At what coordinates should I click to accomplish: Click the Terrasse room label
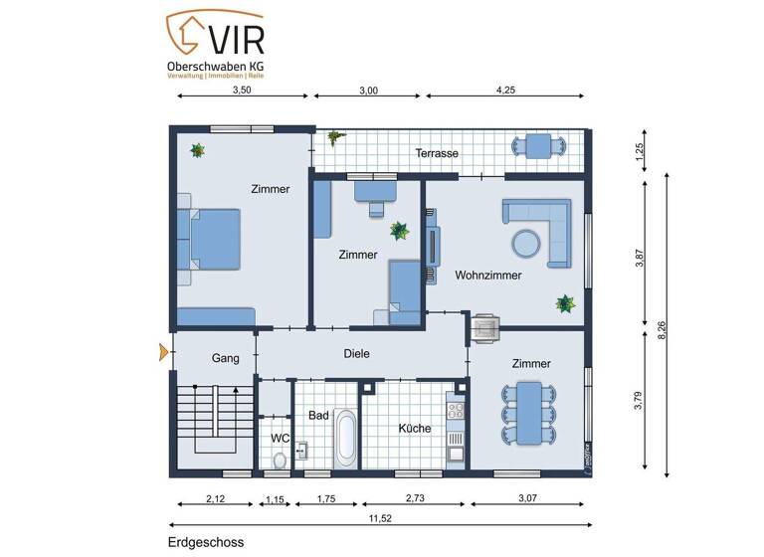click(437, 154)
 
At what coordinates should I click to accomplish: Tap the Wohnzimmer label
click(488, 276)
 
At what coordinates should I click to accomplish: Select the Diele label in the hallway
click(357, 352)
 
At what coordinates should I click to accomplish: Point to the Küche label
click(415, 428)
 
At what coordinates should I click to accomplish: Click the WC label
click(280, 437)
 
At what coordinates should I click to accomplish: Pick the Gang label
click(224, 358)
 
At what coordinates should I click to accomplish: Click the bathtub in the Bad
click(345, 438)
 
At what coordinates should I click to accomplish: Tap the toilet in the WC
click(280, 459)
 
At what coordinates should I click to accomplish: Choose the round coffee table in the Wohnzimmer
click(526, 242)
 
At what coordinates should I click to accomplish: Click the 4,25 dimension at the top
click(508, 90)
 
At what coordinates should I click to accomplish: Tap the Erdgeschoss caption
click(205, 542)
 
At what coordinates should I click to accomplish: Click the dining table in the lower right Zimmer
click(528, 414)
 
